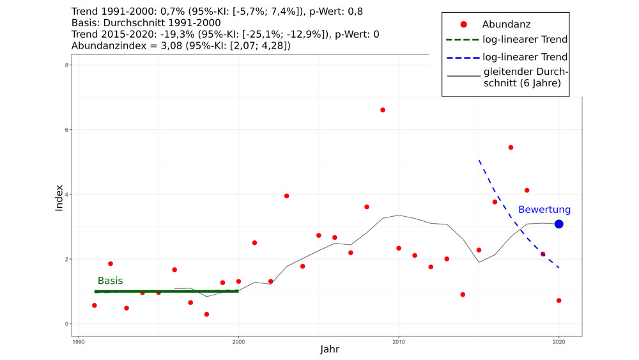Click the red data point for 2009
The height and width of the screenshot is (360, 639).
[383, 110]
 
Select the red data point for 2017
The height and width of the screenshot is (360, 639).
[511, 147]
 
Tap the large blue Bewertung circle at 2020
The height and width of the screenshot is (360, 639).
[558, 224]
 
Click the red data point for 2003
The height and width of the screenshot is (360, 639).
[286, 196]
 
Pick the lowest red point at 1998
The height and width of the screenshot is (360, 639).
[206, 314]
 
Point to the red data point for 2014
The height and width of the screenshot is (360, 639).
[463, 295]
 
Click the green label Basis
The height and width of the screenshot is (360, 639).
[110, 281]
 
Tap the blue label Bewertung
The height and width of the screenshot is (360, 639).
[544, 210]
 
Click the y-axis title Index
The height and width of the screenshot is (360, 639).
[59, 198]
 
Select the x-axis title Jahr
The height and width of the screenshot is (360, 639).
[330, 350]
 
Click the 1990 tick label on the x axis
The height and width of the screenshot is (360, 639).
[79, 341]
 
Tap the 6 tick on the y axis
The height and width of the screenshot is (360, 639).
[68, 130]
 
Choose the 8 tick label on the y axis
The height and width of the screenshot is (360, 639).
[68, 65]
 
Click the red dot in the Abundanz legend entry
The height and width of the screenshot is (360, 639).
[463, 24]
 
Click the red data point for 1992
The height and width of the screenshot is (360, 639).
[111, 263]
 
